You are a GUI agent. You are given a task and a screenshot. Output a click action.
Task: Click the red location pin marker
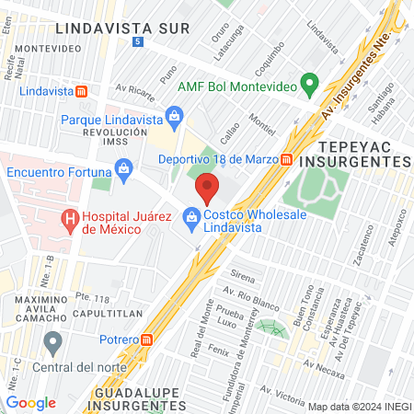click(x=207, y=190)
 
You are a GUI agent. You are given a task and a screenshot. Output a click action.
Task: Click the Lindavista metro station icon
click(x=82, y=91)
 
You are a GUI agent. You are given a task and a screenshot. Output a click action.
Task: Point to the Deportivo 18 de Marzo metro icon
click(x=287, y=158)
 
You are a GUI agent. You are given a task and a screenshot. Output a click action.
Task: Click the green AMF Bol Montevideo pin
click(x=310, y=85)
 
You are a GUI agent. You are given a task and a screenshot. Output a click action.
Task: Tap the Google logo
click(x=30, y=402)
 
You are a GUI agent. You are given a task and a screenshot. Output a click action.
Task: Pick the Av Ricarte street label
click(x=135, y=90)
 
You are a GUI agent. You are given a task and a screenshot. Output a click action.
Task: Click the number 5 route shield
click(x=138, y=42)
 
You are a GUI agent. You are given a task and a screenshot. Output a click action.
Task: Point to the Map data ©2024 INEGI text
click(x=359, y=406)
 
